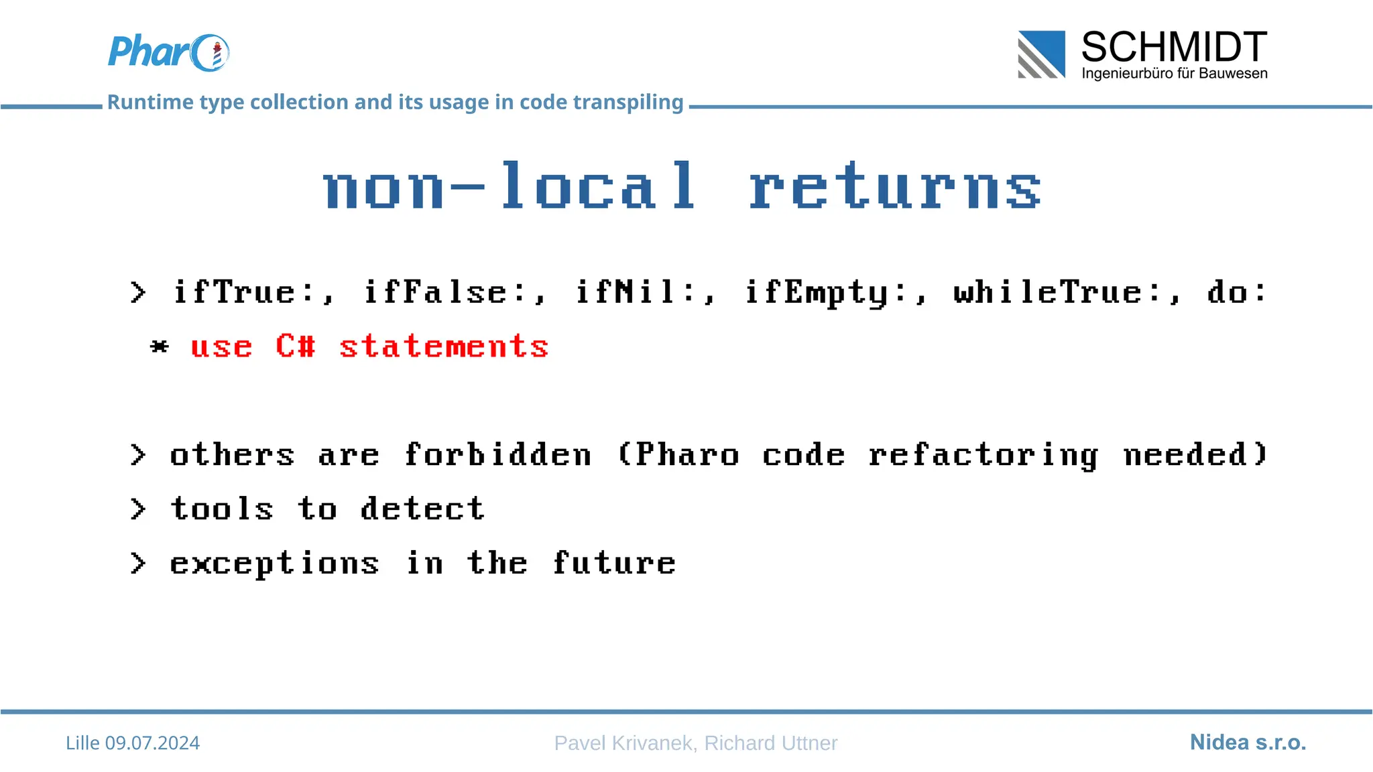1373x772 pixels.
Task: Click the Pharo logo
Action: (168, 52)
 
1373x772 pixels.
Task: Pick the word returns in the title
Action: (895, 187)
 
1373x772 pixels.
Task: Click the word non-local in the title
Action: (510, 187)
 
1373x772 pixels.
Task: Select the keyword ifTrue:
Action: (253, 292)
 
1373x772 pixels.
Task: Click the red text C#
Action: (295, 346)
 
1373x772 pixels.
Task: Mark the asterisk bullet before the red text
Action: (160, 346)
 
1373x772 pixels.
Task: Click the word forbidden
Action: (498, 455)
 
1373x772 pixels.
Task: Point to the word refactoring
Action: (983, 456)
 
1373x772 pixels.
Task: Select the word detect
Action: (422, 509)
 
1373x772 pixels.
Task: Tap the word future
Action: (614, 563)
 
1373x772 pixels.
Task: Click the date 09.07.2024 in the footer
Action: (152, 743)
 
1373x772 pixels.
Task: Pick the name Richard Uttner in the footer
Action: (770, 743)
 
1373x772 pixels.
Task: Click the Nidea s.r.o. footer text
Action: (1248, 742)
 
